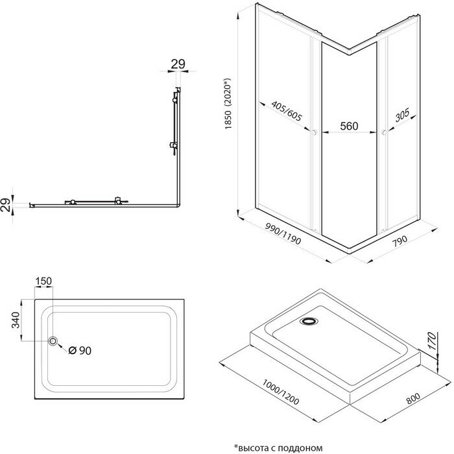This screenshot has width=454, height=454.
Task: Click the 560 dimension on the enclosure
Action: click(349, 126)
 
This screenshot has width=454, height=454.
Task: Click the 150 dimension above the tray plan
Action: click(44, 281)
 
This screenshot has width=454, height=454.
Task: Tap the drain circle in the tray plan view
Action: click(53, 340)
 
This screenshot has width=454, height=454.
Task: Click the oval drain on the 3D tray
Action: click(310, 320)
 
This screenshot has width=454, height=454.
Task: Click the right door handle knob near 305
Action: click(385, 132)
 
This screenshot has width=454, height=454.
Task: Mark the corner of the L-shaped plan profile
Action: click(177, 206)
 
